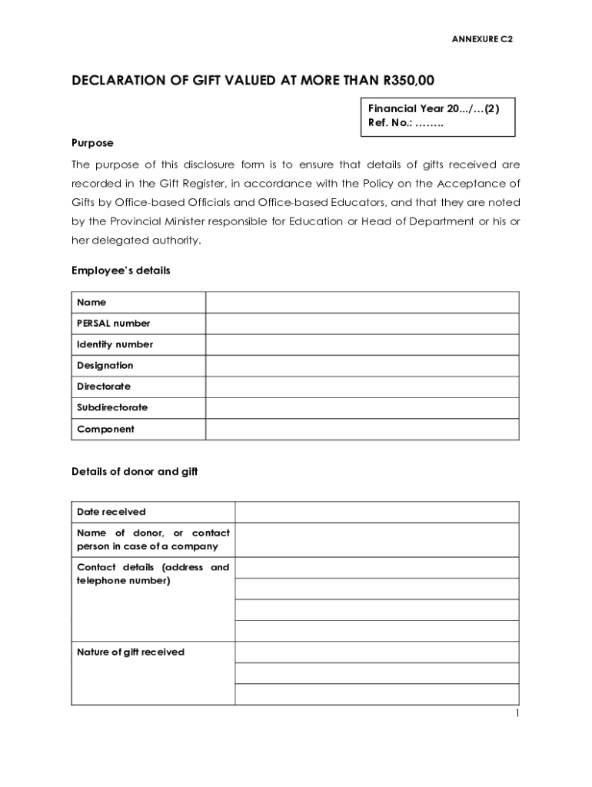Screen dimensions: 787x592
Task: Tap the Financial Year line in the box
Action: click(434, 109)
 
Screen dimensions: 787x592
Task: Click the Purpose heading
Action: click(92, 143)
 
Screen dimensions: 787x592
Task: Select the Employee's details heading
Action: click(121, 271)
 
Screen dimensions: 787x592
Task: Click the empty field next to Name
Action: click(361, 303)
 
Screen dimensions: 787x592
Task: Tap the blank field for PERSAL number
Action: click(361, 324)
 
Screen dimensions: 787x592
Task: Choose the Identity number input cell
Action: click(361, 344)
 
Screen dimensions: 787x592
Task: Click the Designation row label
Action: click(105, 366)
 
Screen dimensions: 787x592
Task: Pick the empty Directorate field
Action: click(361, 387)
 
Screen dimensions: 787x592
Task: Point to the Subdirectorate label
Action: click(112, 407)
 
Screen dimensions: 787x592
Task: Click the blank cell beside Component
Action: click(361, 429)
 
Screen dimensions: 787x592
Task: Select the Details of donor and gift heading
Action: click(135, 472)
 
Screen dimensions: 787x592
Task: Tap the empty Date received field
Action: click(377, 512)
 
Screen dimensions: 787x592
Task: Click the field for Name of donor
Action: click(377, 540)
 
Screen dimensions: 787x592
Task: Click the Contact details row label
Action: click(153, 574)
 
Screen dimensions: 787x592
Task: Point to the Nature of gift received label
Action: click(131, 653)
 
